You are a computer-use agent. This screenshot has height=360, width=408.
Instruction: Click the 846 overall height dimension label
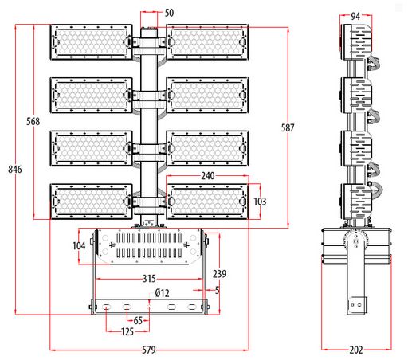[x=15, y=169]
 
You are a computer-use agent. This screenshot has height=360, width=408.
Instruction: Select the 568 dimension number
[x=33, y=121]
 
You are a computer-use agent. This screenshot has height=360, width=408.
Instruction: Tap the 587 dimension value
[x=288, y=127]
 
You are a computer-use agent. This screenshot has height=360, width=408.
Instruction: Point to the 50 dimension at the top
[x=169, y=13]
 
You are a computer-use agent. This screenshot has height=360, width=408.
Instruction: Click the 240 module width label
[x=208, y=176]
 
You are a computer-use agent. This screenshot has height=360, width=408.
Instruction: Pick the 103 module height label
[x=260, y=202]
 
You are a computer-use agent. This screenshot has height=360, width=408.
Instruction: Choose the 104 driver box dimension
[x=79, y=246]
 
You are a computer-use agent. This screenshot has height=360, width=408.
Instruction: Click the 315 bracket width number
[x=149, y=279]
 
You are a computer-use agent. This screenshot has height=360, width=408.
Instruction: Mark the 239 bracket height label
[x=219, y=274]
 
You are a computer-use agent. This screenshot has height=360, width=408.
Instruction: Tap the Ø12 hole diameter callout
[x=162, y=293]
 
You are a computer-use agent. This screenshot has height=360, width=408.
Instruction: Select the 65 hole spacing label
[x=138, y=321]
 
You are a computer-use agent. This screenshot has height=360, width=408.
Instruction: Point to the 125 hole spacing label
[x=127, y=331]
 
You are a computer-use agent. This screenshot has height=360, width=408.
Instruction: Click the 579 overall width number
[x=149, y=350]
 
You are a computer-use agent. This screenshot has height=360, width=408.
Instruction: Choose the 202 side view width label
[x=356, y=350]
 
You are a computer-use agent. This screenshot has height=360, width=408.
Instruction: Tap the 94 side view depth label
[x=355, y=16]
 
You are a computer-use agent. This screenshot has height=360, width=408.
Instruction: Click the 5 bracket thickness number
[x=218, y=290]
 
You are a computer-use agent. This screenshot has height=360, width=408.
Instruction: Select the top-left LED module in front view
[x=91, y=42]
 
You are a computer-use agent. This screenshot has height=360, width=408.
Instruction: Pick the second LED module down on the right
[x=207, y=96]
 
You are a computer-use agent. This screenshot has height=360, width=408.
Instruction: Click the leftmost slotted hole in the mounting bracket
[x=107, y=307]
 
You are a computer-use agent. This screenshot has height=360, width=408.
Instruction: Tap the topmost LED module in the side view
[x=356, y=42]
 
